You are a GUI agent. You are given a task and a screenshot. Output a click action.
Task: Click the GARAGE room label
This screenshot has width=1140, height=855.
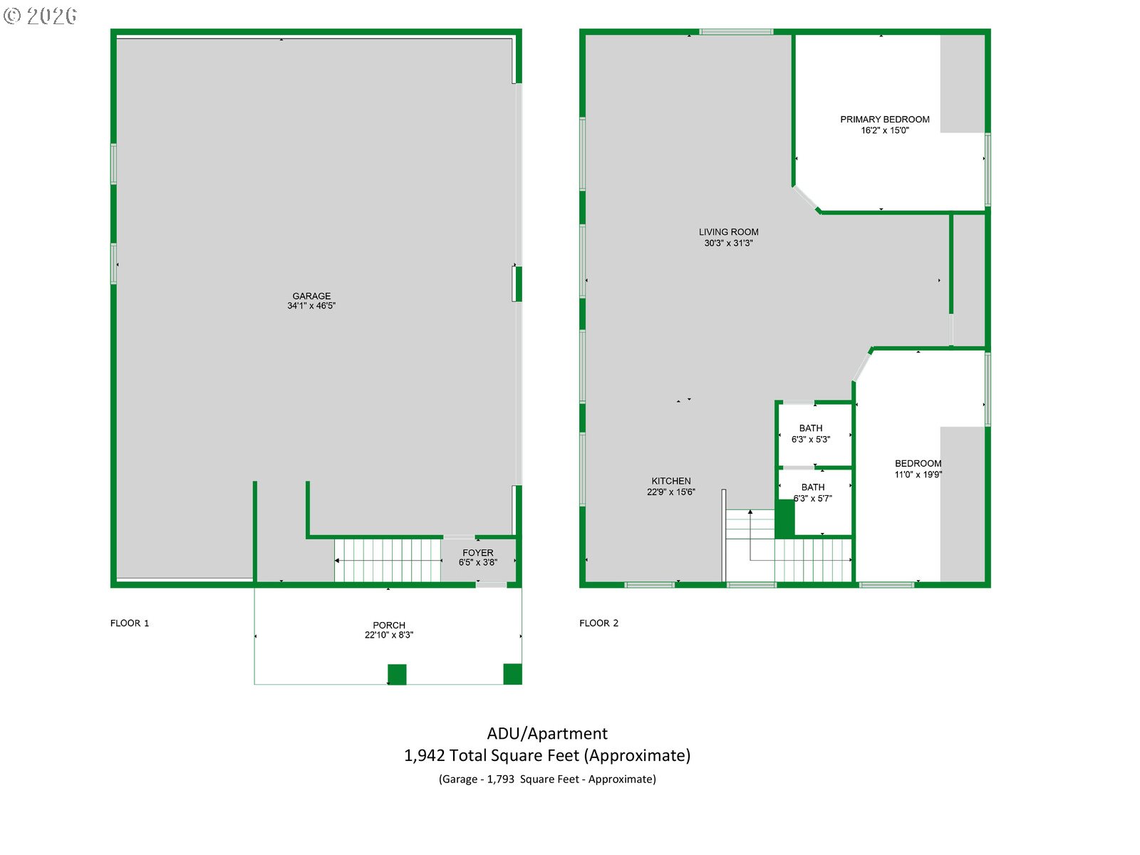coord(311,296)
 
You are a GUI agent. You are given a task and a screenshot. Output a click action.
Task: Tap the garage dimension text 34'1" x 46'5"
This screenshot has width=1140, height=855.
coord(311,306)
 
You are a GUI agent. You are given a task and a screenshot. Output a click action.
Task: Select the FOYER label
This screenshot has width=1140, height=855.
coord(478,553)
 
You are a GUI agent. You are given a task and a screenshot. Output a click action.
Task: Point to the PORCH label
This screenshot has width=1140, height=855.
coord(389,625)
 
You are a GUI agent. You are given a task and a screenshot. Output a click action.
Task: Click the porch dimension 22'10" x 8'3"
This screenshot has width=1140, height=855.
coord(389,634)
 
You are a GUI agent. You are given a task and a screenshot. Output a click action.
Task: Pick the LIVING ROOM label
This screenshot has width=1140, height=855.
coord(728,232)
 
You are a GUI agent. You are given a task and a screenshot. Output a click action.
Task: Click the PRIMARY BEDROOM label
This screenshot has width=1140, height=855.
coord(884,120)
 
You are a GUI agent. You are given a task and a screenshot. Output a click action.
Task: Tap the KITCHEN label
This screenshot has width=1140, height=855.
coord(671,481)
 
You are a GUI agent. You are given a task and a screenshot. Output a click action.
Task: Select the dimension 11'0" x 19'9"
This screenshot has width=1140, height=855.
coord(918,474)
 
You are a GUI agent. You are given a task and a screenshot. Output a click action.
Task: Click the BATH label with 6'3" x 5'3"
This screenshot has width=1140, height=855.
coord(810,428)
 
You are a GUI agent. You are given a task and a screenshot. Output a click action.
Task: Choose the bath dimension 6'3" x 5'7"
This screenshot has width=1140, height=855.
coord(812,498)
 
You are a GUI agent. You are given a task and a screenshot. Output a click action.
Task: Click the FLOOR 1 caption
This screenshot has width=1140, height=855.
coord(130,623)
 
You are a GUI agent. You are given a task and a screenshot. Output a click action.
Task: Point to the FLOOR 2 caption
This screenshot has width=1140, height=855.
coord(598,623)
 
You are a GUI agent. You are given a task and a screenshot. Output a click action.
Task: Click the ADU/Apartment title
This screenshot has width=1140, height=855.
coord(547,733)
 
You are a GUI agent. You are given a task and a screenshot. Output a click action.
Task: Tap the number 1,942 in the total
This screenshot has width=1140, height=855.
coord(424,755)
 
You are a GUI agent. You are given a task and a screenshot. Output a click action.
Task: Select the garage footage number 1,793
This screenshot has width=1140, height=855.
coord(500,779)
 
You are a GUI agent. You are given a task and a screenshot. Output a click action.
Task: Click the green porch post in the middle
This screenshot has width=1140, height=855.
coord(397,674)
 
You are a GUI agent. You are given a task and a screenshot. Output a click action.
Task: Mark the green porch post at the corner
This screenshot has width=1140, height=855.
coord(512,674)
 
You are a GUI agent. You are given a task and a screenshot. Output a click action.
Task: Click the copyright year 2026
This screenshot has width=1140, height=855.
coord(51,16)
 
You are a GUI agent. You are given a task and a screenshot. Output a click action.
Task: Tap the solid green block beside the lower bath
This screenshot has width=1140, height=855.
coord(784,518)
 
